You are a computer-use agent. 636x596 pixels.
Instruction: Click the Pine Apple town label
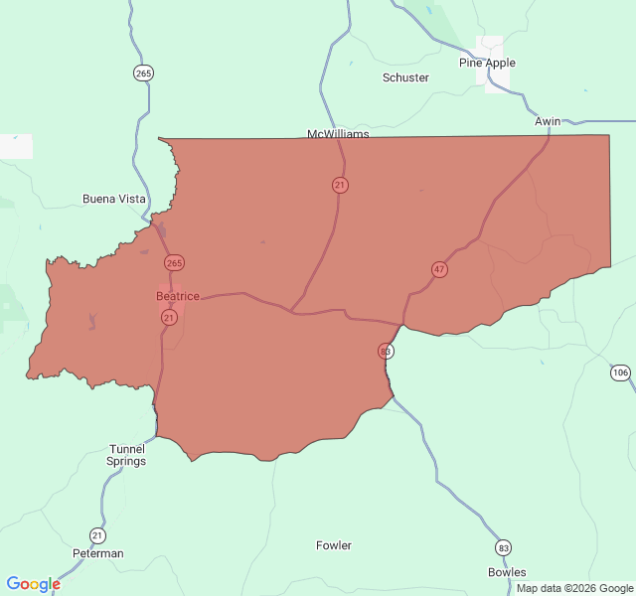click(x=487, y=63)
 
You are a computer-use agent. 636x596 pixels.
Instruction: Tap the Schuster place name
click(x=405, y=77)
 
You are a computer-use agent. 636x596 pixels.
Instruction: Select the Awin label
click(x=548, y=121)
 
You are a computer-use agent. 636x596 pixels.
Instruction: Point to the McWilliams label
click(x=338, y=134)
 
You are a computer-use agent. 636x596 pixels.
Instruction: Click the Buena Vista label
click(x=113, y=199)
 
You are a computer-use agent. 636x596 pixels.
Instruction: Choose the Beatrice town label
click(x=178, y=296)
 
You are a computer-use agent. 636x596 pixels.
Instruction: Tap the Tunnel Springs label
click(x=127, y=455)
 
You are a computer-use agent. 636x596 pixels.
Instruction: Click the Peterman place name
click(x=98, y=553)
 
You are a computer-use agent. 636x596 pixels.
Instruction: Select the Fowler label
click(x=334, y=545)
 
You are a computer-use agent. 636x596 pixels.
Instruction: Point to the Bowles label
click(x=507, y=572)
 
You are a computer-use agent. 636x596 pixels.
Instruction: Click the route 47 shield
click(x=439, y=269)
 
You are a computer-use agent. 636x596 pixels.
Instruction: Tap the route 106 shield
click(x=620, y=372)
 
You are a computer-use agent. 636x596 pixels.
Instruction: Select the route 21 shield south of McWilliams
click(x=340, y=185)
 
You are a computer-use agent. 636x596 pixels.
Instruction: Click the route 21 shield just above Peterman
click(x=96, y=534)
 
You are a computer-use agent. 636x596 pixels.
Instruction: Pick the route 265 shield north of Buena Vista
click(x=144, y=73)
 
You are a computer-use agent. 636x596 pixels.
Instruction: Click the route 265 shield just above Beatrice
click(x=175, y=263)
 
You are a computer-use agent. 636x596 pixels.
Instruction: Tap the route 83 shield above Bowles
click(x=504, y=548)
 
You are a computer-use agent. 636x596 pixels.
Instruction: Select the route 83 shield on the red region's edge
click(x=386, y=351)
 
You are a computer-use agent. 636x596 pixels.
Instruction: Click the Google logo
click(x=33, y=584)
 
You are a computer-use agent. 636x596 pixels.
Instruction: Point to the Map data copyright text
click(x=574, y=588)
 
